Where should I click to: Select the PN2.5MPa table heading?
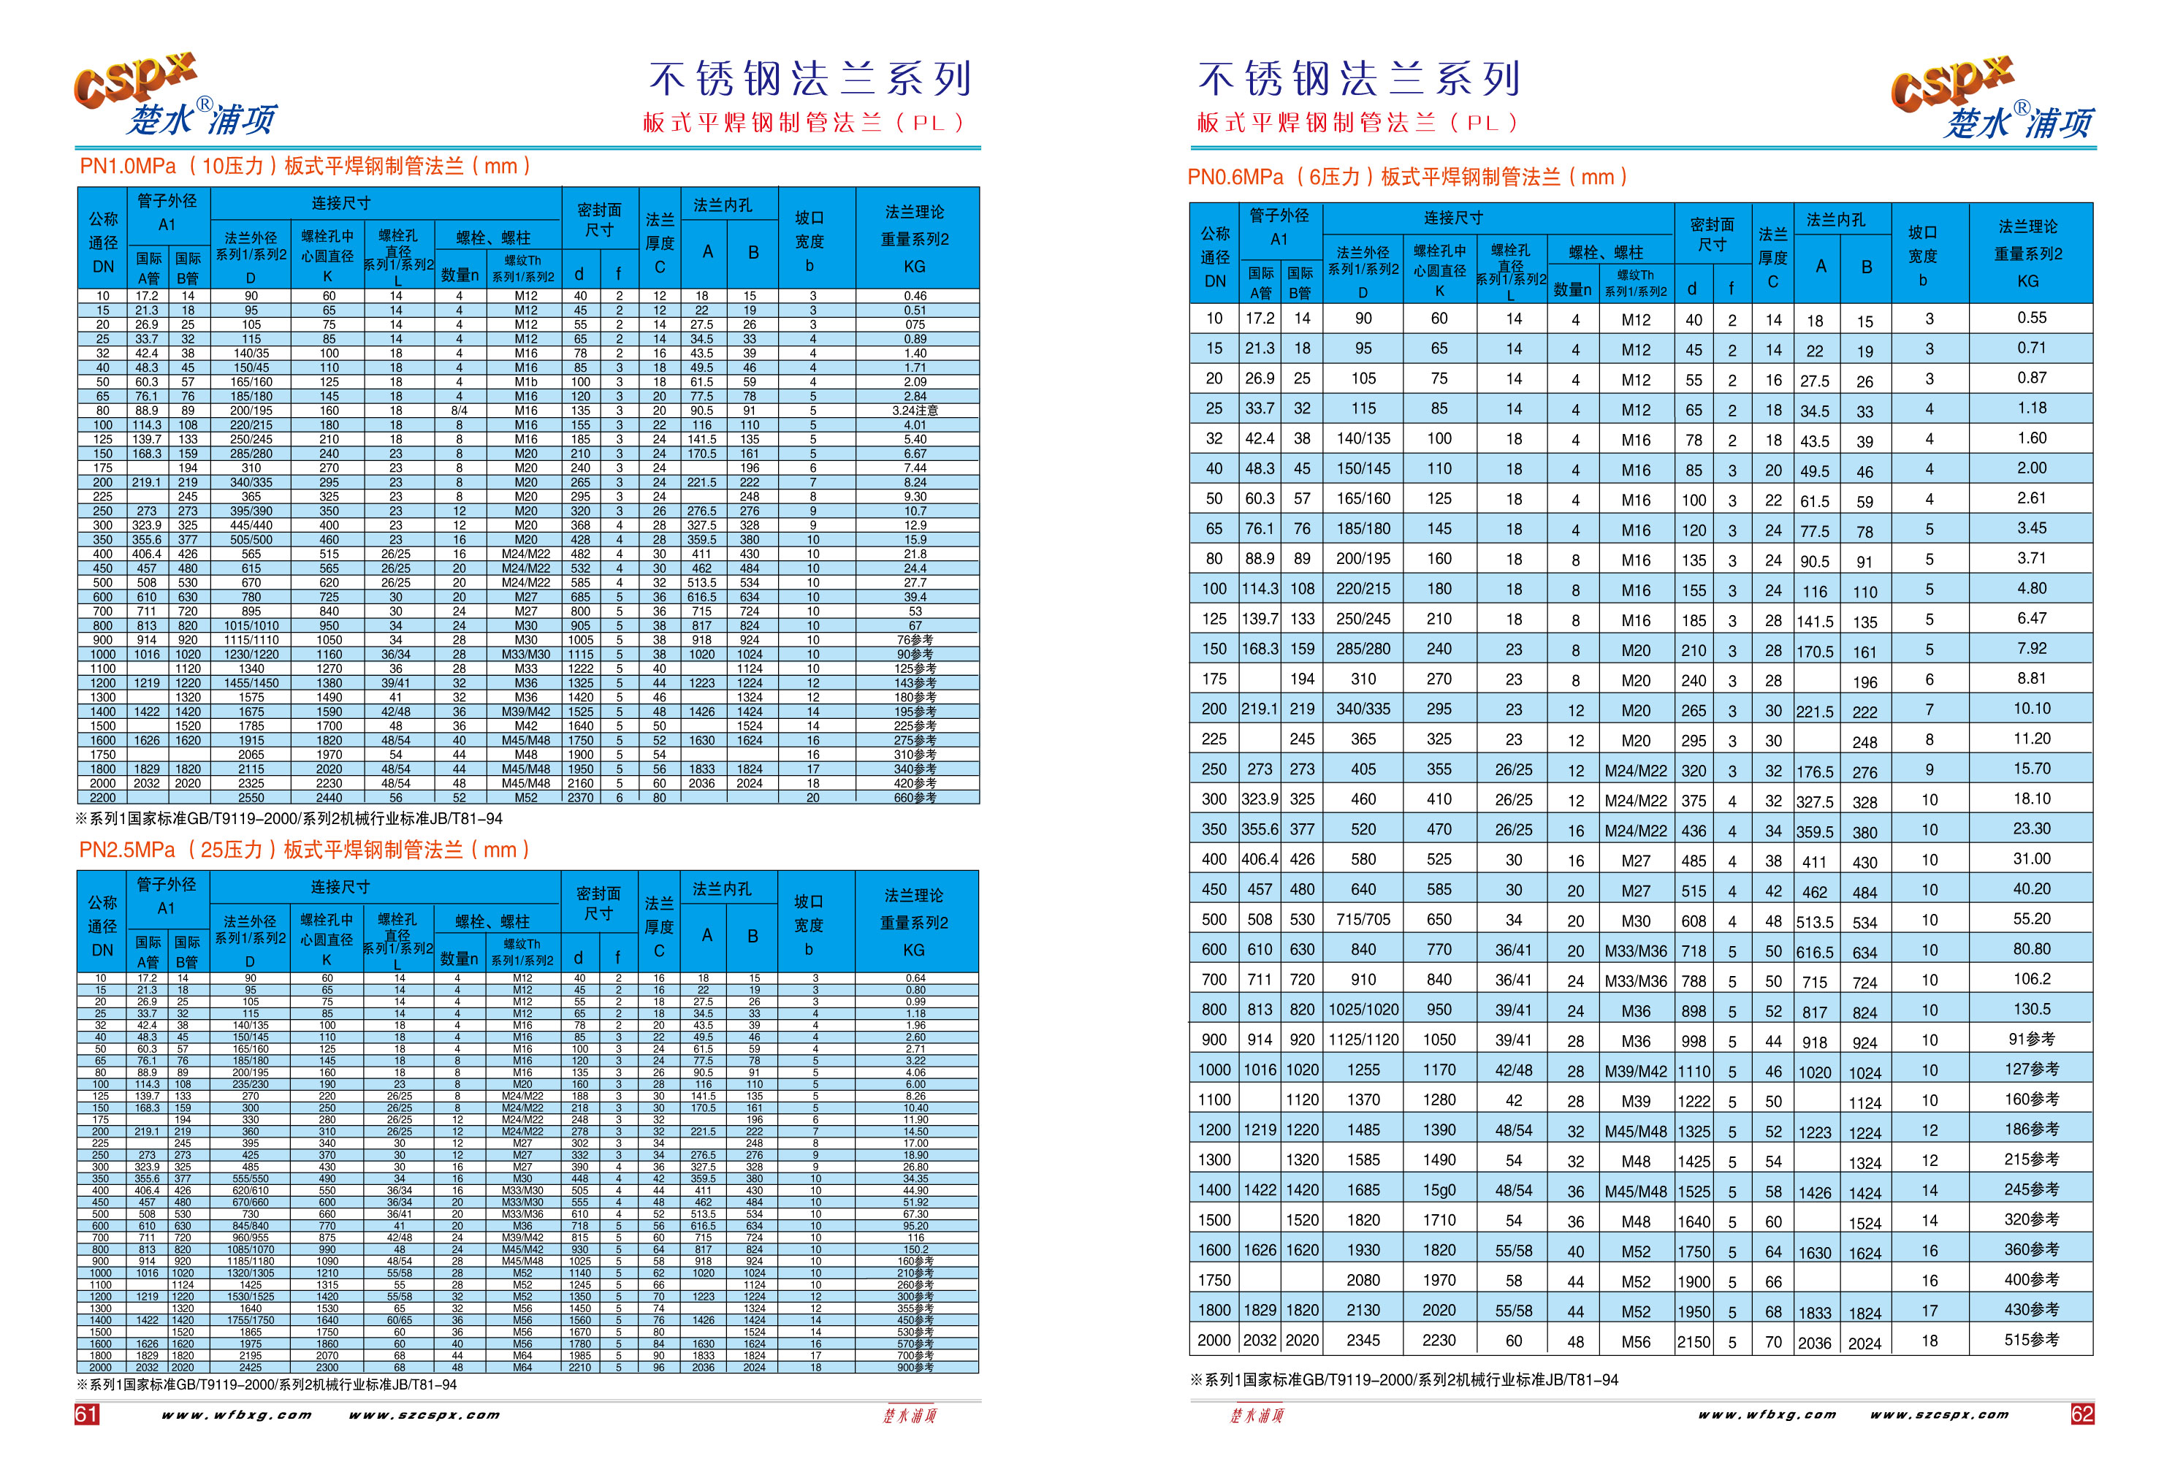pyautogui.click(x=304, y=850)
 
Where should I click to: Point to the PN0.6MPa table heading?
pyautogui.click(x=1408, y=177)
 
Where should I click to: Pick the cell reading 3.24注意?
pyautogui.click(x=915, y=411)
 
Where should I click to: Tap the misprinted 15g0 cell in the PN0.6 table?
pyautogui.click(x=1439, y=1191)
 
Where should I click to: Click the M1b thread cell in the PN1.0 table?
pyautogui.click(x=526, y=382)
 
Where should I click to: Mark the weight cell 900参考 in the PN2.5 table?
pyautogui.click(x=915, y=1368)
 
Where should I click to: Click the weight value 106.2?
pyautogui.click(x=2031, y=979)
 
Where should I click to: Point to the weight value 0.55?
pyautogui.click(x=2031, y=319)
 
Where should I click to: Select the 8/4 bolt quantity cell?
pyautogui.click(x=459, y=411)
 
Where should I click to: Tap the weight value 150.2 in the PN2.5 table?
pyautogui.click(x=915, y=1249)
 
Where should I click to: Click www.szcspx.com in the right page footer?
pyautogui.click(x=1939, y=1414)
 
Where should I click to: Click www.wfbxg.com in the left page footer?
pyautogui.click(x=237, y=1414)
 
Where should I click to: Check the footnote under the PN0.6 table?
pyautogui.click(x=1403, y=1379)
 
